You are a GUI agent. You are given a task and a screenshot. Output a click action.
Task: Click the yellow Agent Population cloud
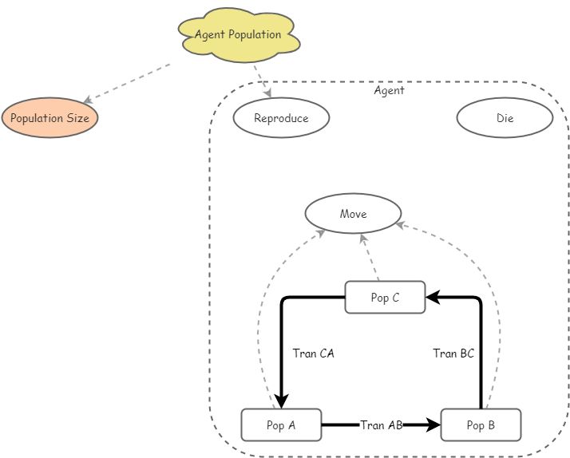pyautogui.click(x=238, y=35)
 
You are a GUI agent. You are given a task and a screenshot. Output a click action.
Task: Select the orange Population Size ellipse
pyautogui.click(x=49, y=119)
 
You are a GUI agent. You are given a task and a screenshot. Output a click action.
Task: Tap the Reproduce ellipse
pyautogui.click(x=281, y=119)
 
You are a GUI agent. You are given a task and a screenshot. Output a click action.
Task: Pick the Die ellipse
pyautogui.click(x=505, y=119)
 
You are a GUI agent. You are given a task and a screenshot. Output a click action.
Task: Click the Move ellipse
pyautogui.click(x=353, y=214)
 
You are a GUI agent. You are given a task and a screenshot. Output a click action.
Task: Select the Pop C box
pyautogui.click(x=385, y=298)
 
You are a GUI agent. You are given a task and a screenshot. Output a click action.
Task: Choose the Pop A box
pyautogui.click(x=281, y=425)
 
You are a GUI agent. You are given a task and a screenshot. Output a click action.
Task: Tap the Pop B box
pyautogui.click(x=481, y=425)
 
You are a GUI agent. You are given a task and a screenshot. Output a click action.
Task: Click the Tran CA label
pyautogui.click(x=313, y=353)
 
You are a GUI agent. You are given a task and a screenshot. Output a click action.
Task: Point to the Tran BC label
pyautogui.click(x=453, y=353)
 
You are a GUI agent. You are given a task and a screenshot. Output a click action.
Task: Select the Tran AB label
pyautogui.click(x=381, y=425)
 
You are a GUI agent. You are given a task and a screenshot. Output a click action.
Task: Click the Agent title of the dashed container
pyautogui.click(x=389, y=91)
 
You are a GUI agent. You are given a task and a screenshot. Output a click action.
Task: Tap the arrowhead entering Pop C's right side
pyautogui.click(x=432, y=298)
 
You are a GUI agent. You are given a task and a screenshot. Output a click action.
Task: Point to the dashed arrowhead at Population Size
pyautogui.click(x=89, y=101)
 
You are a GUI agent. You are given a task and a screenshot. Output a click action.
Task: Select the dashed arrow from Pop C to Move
pyautogui.click(x=370, y=258)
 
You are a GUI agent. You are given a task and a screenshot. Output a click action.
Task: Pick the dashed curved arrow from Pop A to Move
pyautogui.click(x=261, y=319)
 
